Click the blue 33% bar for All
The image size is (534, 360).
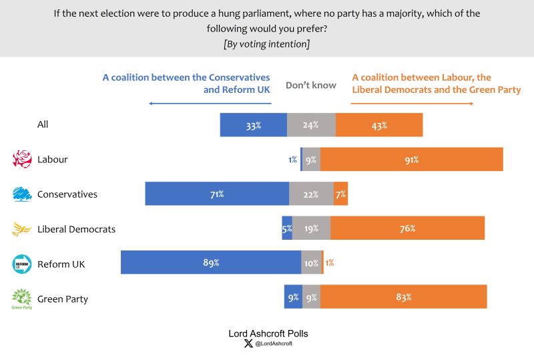coord(254,125)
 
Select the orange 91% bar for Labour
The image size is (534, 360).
coord(411,160)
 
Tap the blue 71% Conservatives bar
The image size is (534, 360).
coord(217,194)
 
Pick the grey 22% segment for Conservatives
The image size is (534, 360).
coord(311,194)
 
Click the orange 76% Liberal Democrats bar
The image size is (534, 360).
coord(407,228)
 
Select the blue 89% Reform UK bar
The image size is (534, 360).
coord(211,262)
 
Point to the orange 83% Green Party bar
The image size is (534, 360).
coord(403,297)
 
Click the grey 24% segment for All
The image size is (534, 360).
coord(311,125)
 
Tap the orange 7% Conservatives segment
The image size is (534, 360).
coord(340,194)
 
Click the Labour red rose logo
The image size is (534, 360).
coord(23,159)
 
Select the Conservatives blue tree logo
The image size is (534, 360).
coord(23,194)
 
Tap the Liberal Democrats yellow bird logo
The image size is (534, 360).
coord(23,229)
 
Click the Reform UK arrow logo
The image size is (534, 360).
coord(23,264)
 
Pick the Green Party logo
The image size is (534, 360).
coord(23,299)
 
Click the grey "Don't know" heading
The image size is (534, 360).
coord(310,85)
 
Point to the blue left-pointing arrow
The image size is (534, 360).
coord(210,104)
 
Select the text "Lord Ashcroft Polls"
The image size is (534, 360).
coord(268,333)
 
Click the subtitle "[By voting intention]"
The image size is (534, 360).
coord(267,44)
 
